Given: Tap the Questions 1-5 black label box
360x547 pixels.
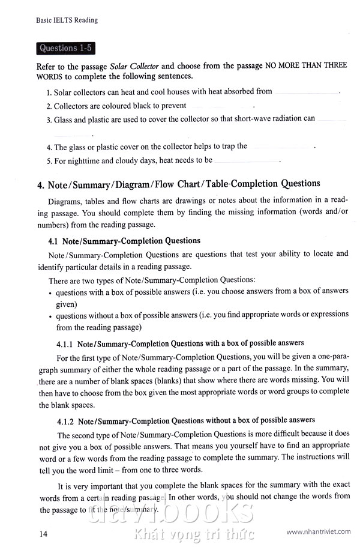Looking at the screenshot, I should (x=65, y=48).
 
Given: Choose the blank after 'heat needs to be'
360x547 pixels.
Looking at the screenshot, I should (x=246, y=162).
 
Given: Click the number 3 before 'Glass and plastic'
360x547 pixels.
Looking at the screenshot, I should (x=48, y=119).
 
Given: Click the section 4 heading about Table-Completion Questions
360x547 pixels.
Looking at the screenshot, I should (x=179, y=184).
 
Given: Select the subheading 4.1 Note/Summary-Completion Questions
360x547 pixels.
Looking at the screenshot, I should (x=124, y=241).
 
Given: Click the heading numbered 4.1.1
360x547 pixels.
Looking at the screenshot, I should (x=180, y=343).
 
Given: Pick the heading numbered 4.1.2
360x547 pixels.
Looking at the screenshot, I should (x=185, y=420).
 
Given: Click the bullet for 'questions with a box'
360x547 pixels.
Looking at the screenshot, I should (x=49, y=292).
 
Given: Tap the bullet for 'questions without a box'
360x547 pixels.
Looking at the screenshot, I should (x=49, y=316).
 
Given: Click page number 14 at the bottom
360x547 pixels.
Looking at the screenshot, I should (x=43, y=533).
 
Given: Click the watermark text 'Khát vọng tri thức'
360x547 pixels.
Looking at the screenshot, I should (x=194, y=533).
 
